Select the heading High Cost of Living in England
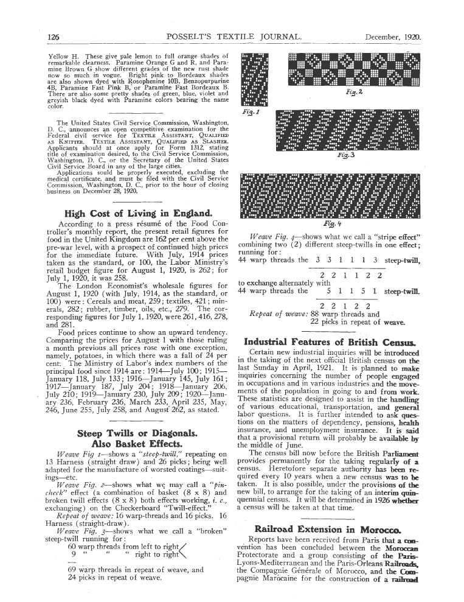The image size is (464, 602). [137, 213]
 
